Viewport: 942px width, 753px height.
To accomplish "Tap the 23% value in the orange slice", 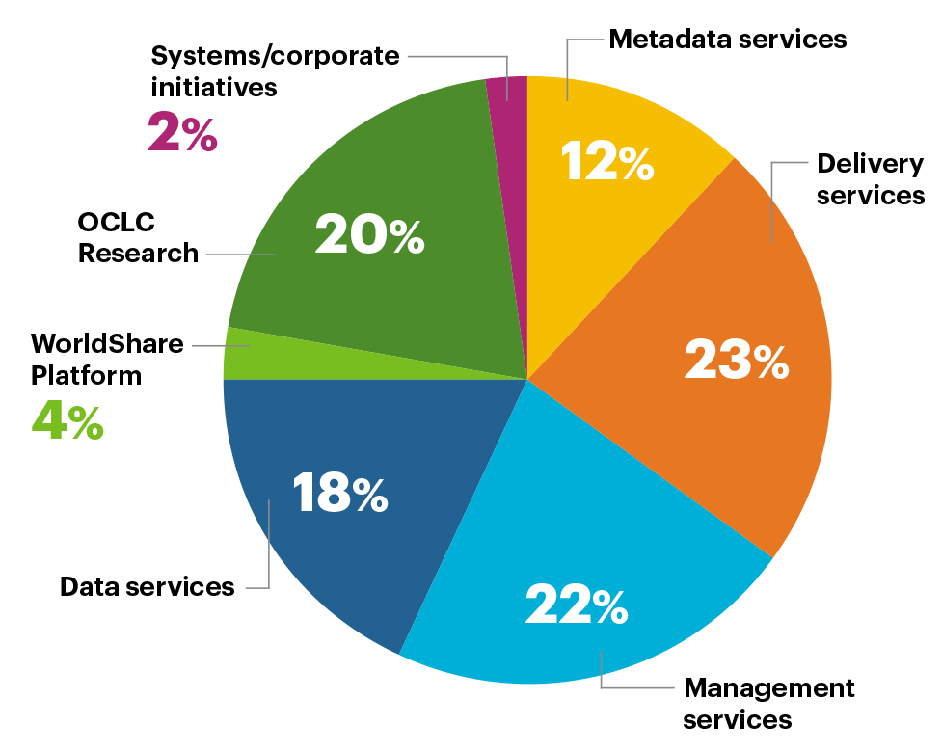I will [x=736, y=361].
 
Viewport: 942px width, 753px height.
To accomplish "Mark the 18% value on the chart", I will [x=339, y=494].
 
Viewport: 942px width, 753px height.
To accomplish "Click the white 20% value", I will [x=369, y=235].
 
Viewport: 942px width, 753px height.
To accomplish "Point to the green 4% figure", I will [x=67, y=421].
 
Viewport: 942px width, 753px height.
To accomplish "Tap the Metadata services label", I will [x=728, y=40].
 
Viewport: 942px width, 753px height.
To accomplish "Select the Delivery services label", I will [x=871, y=179].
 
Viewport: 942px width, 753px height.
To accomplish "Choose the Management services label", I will [x=768, y=704].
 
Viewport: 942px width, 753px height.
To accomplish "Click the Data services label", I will [x=147, y=586].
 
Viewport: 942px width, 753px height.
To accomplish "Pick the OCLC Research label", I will [x=138, y=237].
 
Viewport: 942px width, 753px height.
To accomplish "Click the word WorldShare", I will [x=107, y=343].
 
